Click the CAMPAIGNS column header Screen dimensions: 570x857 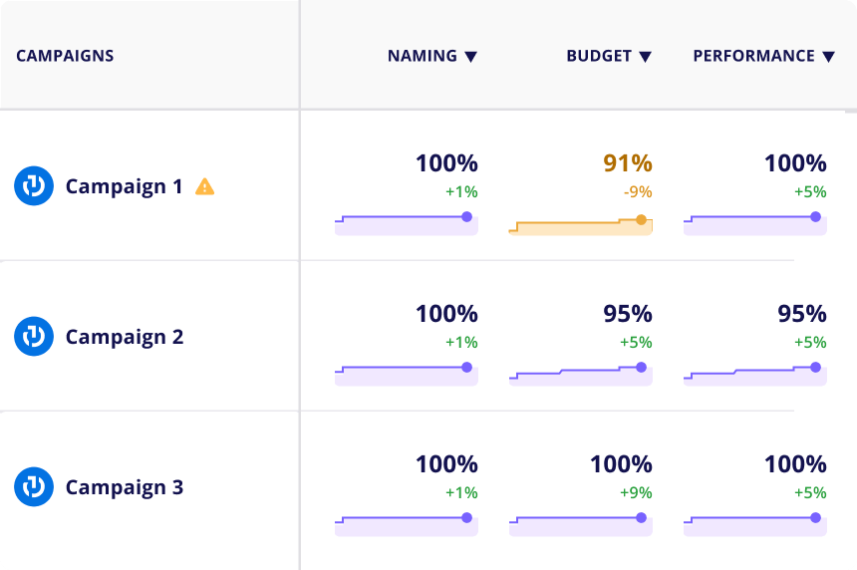65,56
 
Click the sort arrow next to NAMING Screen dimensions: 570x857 471,57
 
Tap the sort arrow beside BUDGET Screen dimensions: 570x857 646,57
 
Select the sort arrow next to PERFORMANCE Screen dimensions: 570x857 828,57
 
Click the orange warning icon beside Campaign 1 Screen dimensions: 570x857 204,186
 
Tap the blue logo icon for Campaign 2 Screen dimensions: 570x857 34,337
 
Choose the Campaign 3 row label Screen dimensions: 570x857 125,487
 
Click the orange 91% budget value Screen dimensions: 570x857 627,163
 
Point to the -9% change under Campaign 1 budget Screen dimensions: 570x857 639,192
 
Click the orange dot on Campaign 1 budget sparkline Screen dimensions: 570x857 641,220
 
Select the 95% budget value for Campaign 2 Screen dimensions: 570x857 627,314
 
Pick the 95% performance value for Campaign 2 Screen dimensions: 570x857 801,314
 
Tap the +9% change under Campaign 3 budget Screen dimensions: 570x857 636,492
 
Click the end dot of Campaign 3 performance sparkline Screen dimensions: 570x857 815,517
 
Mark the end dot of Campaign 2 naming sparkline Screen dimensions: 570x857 466,368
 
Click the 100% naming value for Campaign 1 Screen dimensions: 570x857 446,163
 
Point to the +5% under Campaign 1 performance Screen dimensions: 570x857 810,192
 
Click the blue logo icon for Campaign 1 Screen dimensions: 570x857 34,186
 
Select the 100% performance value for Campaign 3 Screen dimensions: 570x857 795,464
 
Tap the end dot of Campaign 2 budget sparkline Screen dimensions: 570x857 641,368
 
